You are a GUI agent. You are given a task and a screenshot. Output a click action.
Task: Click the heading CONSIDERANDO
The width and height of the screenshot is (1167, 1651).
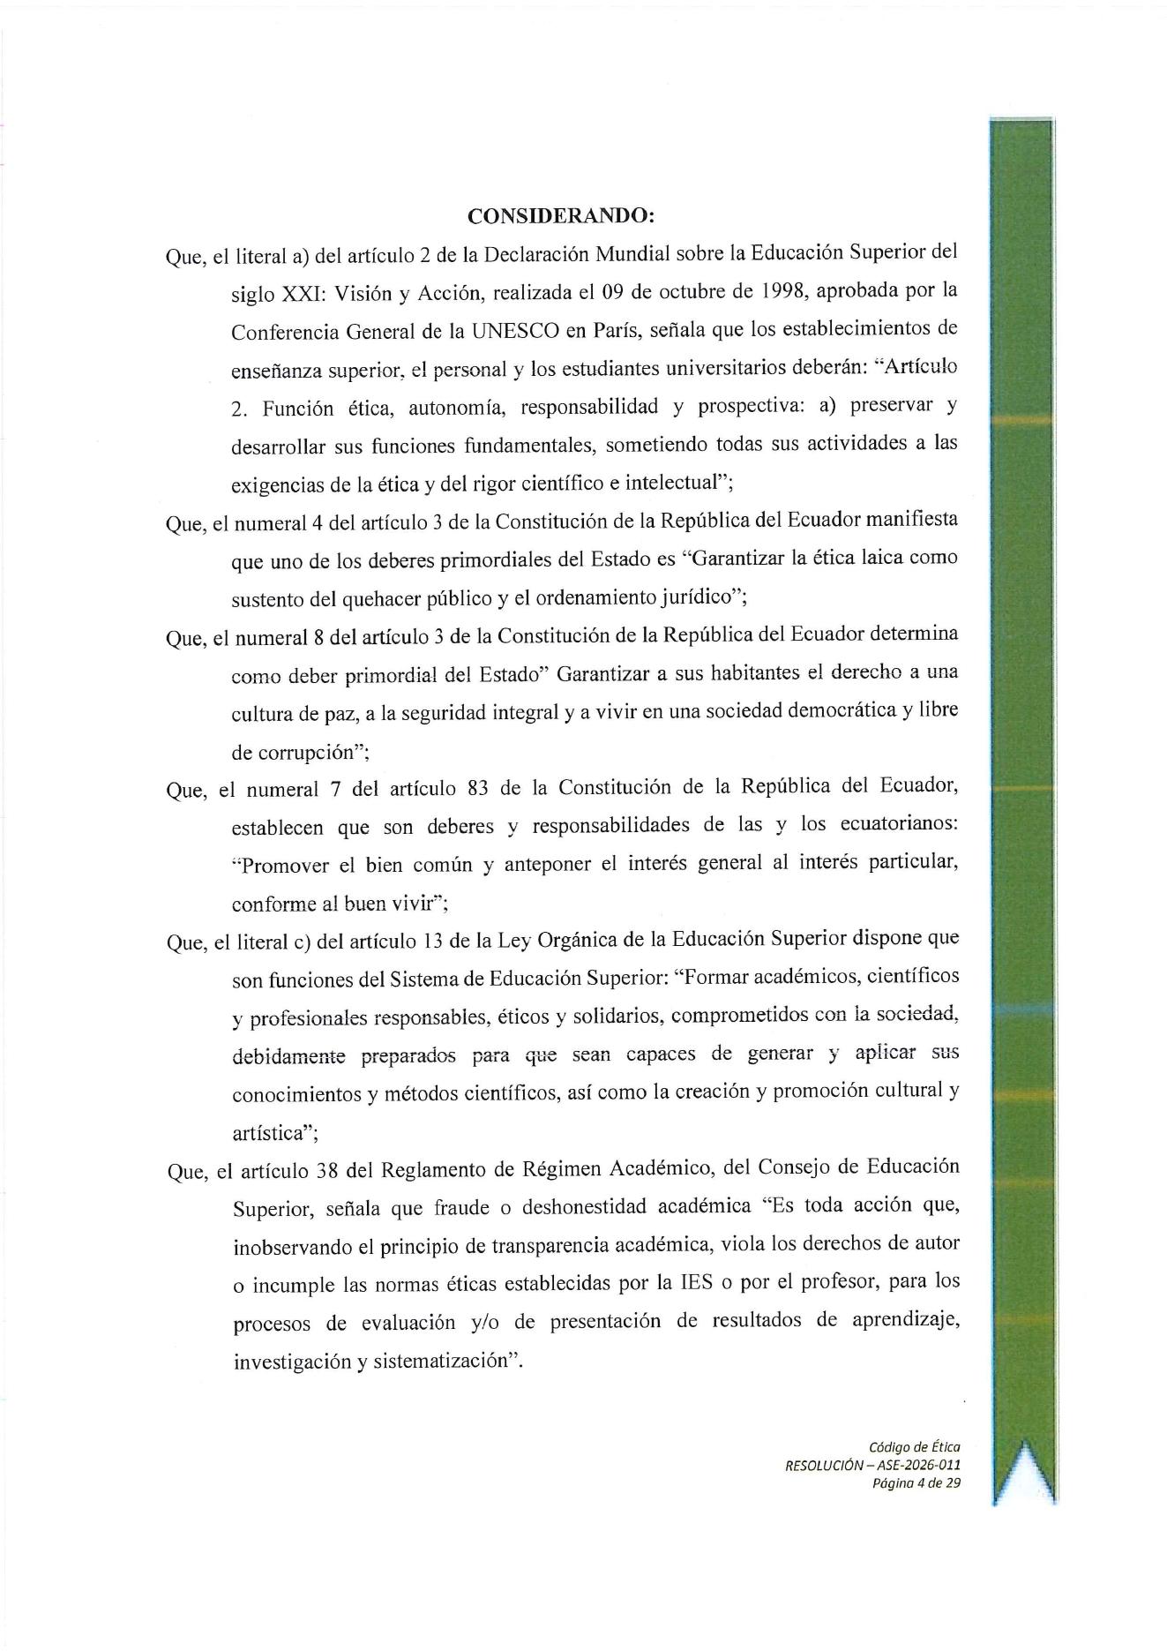[560, 216]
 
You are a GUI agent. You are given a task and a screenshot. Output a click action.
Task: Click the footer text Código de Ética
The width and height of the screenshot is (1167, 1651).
[914, 1447]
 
